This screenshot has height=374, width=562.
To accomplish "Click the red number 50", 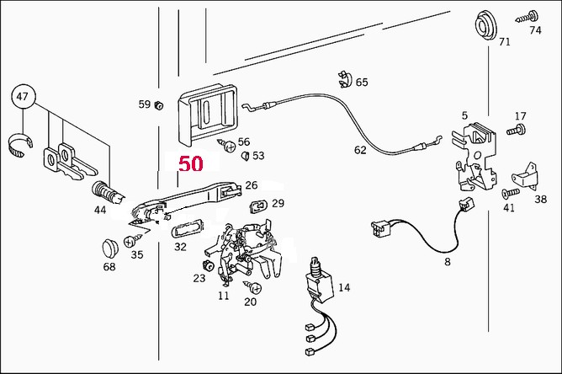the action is [191, 163].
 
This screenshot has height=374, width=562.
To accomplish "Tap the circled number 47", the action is [23, 97].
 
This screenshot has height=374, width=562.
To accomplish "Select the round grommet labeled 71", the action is [485, 24].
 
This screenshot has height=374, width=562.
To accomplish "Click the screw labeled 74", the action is [528, 17].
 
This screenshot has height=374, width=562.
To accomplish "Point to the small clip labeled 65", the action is [344, 80].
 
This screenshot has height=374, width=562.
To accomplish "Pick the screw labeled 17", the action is [516, 130].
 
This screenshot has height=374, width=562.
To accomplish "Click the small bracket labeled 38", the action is [526, 176].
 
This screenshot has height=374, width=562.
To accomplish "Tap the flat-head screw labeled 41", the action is [511, 193].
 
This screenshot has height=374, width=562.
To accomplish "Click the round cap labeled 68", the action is [109, 248].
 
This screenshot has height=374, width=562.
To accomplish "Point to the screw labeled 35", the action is [133, 240].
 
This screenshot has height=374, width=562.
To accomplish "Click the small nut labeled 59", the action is [158, 105].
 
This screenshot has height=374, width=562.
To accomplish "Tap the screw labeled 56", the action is [227, 146].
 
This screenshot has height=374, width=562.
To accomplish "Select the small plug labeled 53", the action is [245, 156].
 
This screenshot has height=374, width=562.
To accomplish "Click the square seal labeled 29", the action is [258, 206].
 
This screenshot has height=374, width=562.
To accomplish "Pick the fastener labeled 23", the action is [208, 265].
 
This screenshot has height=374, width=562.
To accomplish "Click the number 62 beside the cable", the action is [360, 150].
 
